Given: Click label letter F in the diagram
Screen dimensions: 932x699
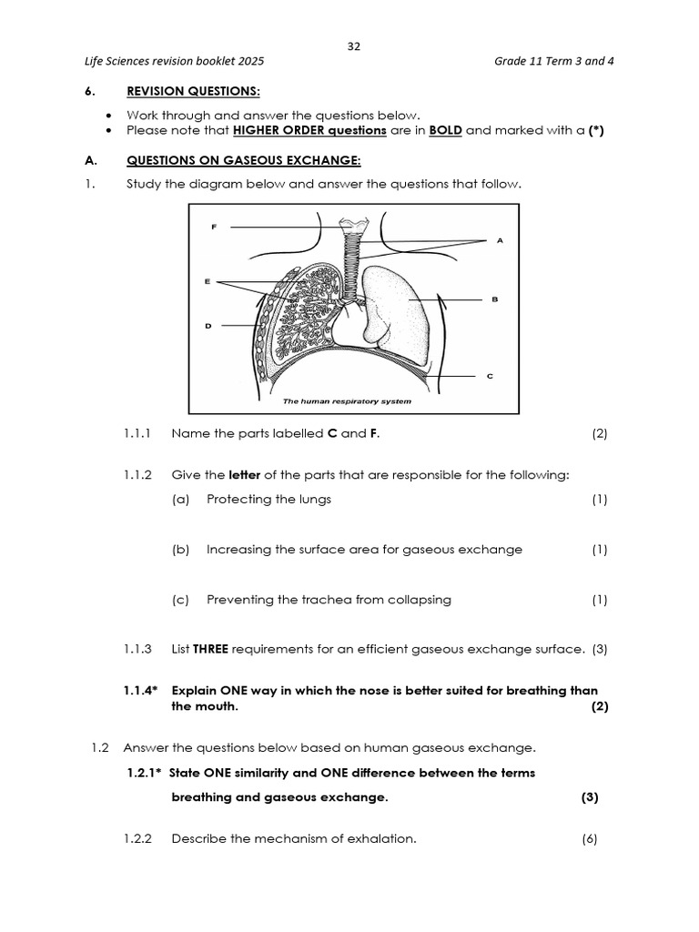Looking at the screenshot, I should (214, 226).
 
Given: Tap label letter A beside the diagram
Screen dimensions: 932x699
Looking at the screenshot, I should (500, 240).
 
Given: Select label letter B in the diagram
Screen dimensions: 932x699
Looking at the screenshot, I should (494, 299).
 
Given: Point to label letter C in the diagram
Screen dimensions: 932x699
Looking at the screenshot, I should (490, 375).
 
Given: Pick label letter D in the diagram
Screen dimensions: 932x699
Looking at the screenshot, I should (208, 325).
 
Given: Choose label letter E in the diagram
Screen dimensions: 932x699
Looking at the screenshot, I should (208, 281).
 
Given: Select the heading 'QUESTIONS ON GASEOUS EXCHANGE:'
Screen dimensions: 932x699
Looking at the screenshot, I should (243, 161).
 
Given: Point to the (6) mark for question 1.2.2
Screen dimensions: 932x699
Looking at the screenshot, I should (590, 839).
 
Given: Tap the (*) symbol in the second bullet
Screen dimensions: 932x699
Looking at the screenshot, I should (597, 130).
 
